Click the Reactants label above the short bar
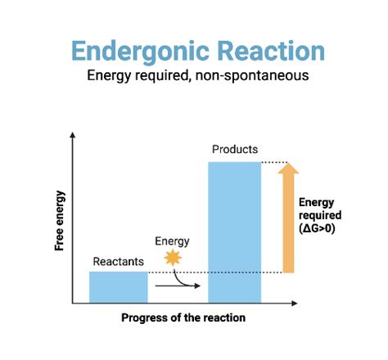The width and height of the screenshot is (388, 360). tap(118, 262)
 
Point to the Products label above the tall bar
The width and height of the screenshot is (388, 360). tap(235, 150)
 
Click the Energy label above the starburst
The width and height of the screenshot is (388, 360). tap(172, 241)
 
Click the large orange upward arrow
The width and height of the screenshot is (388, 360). tap(288, 225)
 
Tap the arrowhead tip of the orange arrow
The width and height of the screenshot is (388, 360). tap(288, 166)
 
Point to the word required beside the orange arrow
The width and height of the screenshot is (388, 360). tap(318, 215)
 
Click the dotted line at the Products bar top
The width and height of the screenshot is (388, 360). tap(274, 161)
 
